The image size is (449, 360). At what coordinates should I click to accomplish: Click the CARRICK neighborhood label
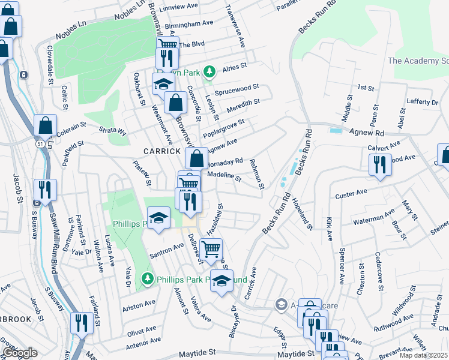click(161, 151)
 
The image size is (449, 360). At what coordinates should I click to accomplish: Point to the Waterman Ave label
click(373, 214)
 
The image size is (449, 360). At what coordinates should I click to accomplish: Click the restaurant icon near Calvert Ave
click(379, 164)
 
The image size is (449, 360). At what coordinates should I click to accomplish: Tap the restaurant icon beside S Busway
click(45, 190)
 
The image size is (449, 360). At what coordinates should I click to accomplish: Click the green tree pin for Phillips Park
click(146, 279)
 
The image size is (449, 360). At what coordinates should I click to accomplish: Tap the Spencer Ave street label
click(342, 265)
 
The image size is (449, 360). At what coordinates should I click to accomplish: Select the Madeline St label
click(223, 177)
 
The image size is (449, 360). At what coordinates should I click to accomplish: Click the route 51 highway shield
click(39, 145)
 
